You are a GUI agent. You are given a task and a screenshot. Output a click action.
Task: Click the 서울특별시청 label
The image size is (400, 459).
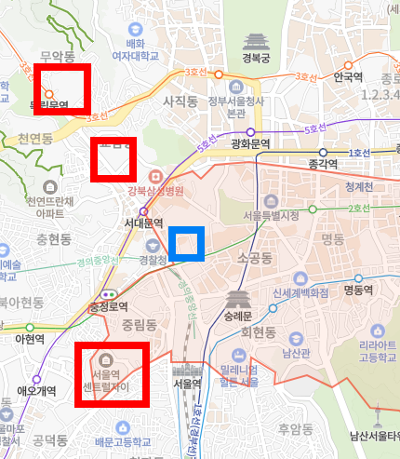click(x=270, y=215)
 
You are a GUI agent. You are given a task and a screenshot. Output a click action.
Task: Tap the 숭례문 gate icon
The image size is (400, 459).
click(x=237, y=300)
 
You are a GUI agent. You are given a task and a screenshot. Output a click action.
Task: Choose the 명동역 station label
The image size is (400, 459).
click(x=358, y=290)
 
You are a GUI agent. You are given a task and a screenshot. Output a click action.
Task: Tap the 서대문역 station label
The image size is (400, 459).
click(x=143, y=223)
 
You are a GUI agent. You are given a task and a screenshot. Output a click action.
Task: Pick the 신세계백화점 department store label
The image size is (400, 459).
click(x=300, y=290)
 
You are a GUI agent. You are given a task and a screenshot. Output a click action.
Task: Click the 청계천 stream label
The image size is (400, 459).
click(x=358, y=186)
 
